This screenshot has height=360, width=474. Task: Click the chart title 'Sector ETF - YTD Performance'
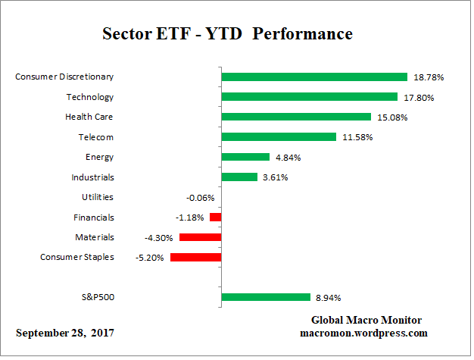227,34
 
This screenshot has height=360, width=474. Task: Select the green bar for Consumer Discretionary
314,77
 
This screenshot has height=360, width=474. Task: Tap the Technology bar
309,97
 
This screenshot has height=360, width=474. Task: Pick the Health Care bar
295,117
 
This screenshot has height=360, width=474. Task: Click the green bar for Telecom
278,137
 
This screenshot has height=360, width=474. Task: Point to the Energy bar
245,157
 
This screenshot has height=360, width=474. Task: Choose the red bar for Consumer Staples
195,257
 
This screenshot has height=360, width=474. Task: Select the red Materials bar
200,237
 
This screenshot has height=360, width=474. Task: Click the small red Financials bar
215,218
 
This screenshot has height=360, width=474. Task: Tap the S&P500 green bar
265,297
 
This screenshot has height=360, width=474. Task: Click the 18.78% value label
429,77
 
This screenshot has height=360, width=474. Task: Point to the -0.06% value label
201,198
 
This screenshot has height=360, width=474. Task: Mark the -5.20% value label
149,258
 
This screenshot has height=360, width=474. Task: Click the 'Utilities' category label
97,197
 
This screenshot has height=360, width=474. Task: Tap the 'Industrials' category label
93,177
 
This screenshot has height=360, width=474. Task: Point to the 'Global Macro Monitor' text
366,321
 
